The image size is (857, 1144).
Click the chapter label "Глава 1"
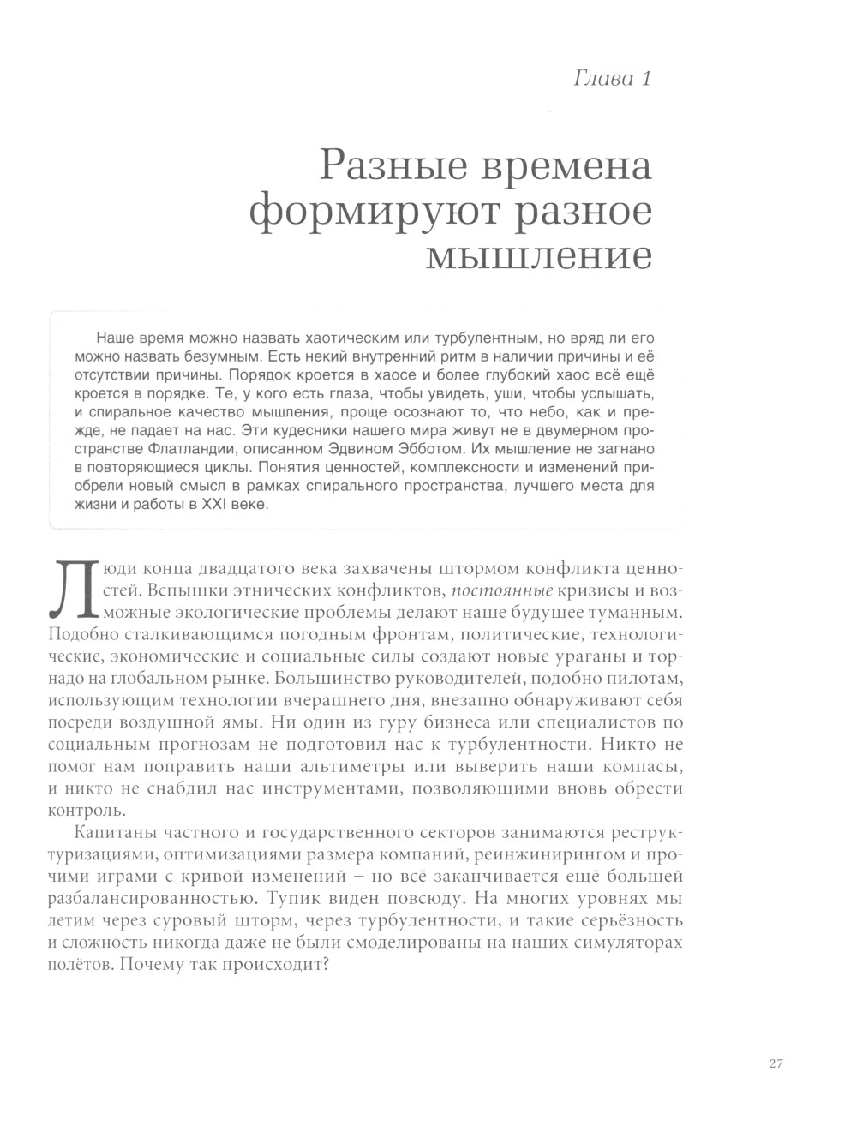pyautogui.click(x=612, y=80)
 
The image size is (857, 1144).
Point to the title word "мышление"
pyautogui.click(x=539, y=256)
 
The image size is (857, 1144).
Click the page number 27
pyautogui.click(x=776, y=1064)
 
